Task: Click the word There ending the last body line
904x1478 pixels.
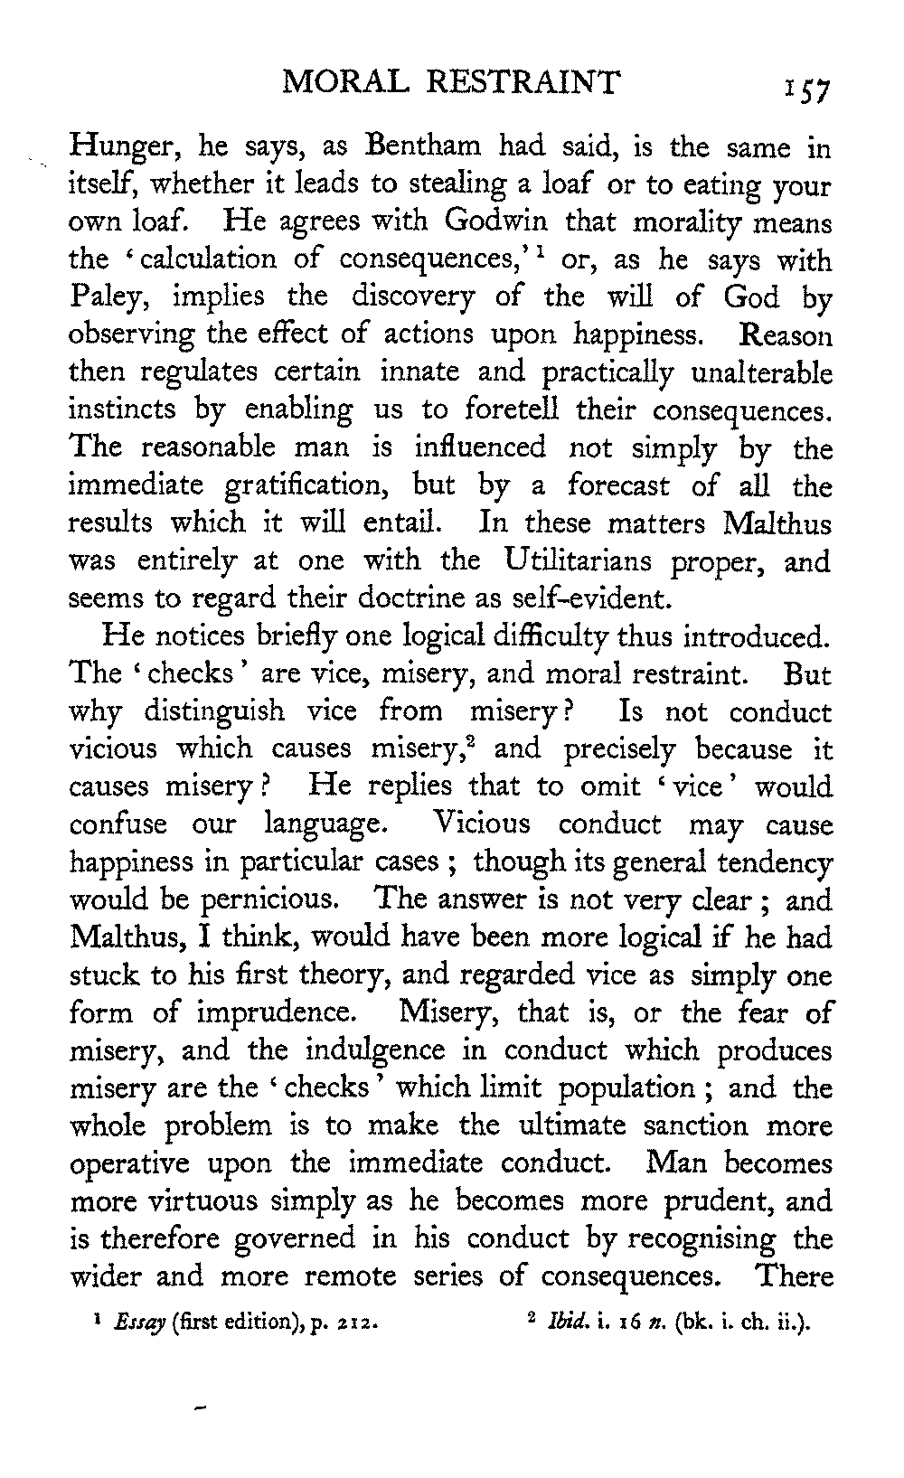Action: click(794, 1276)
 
